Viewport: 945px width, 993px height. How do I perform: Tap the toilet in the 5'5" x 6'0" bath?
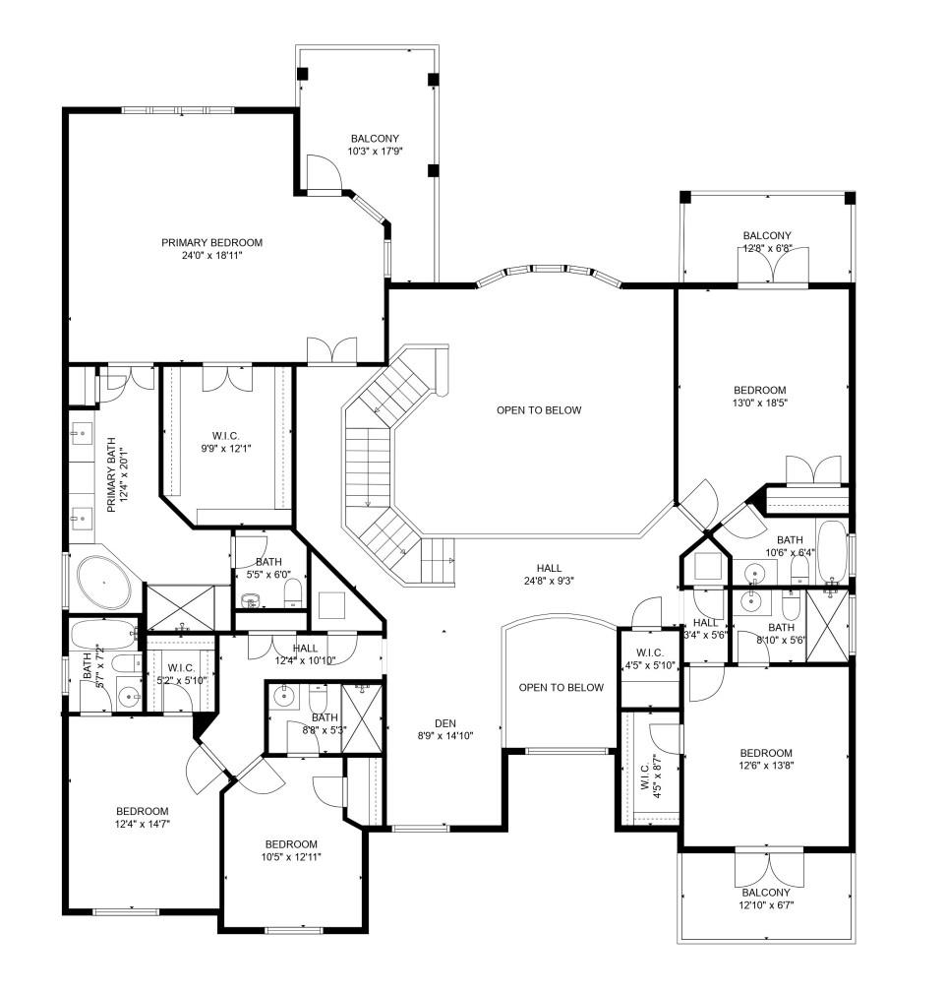click(x=292, y=592)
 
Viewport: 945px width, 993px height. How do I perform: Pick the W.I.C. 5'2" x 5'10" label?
click(x=180, y=673)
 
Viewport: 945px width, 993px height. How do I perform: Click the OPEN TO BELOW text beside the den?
click(x=561, y=687)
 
